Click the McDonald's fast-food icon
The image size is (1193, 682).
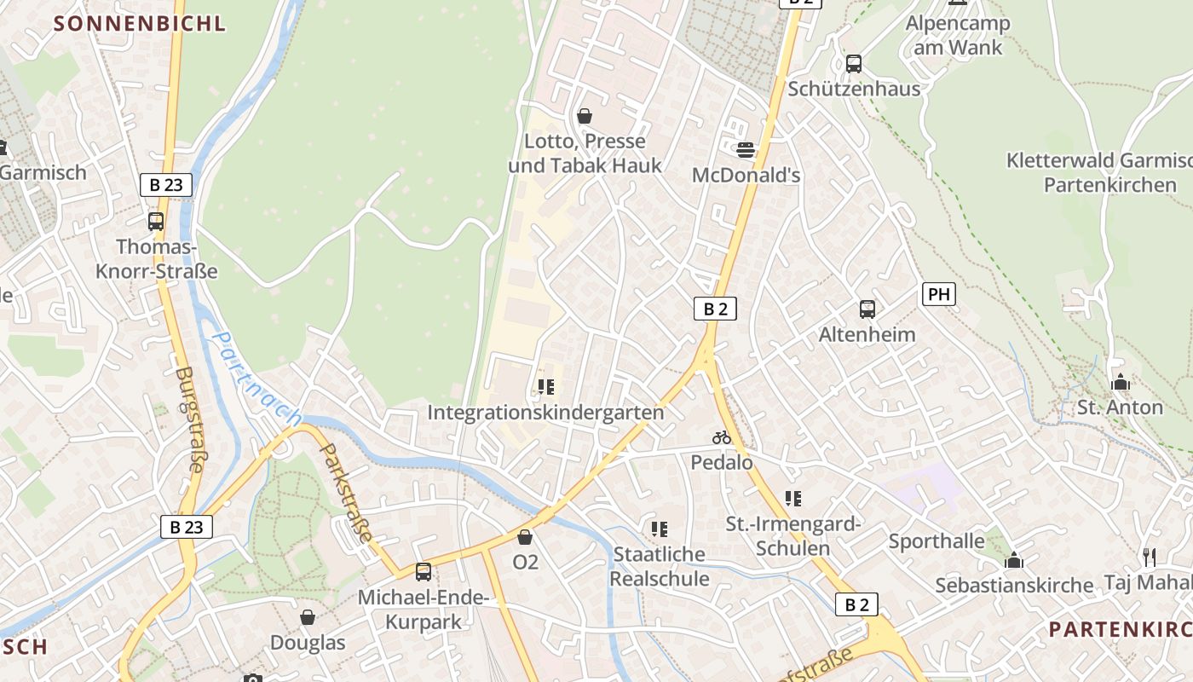tap(746, 150)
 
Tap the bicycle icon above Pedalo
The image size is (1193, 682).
tap(722, 437)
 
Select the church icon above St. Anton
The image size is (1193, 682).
tap(1121, 383)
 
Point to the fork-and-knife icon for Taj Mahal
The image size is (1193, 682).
tap(1150, 558)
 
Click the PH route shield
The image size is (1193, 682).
tap(938, 295)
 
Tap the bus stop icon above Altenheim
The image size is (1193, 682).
tap(867, 309)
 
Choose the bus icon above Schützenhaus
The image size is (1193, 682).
tap(853, 64)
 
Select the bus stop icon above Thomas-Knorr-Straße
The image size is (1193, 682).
tap(156, 222)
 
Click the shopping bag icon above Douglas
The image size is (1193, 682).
tap(308, 616)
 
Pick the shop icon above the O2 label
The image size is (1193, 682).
tap(525, 537)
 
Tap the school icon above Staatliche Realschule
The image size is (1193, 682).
tap(659, 529)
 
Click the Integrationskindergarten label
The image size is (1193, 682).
tap(545, 413)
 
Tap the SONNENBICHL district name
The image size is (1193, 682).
tap(140, 23)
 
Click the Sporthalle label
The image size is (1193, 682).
tap(937, 541)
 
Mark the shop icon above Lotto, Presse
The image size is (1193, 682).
tap(585, 116)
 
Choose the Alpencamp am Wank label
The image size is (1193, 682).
tap(958, 35)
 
